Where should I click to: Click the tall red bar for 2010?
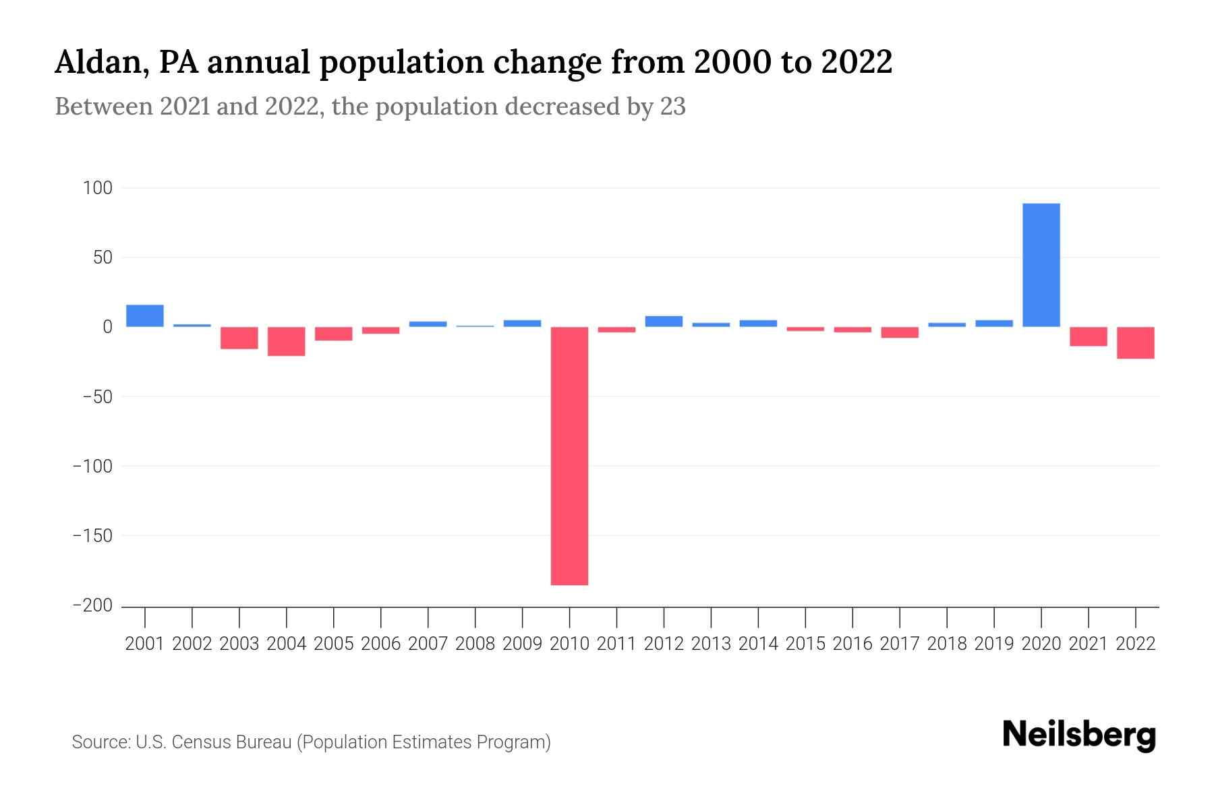[x=569, y=456]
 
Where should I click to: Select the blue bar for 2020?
[x=1041, y=265]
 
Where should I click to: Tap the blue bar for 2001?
[x=144, y=316]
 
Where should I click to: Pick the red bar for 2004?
[x=286, y=341]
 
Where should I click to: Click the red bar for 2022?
[x=1135, y=342]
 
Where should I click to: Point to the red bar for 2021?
[x=1088, y=336]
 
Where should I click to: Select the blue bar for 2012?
[x=664, y=322]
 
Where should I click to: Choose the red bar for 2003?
[x=239, y=338]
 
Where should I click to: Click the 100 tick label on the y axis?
[x=97, y=188]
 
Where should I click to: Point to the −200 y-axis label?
[x=92, y=605]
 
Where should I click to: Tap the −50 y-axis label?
[x=97, y=396]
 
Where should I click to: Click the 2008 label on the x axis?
[x=475, y=644]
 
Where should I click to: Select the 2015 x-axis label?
[x=805, y=644]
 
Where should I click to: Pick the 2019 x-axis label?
[x=993, y=644]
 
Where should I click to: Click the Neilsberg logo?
[x=1078, y=735]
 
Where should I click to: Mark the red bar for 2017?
[x=899, y=332]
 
